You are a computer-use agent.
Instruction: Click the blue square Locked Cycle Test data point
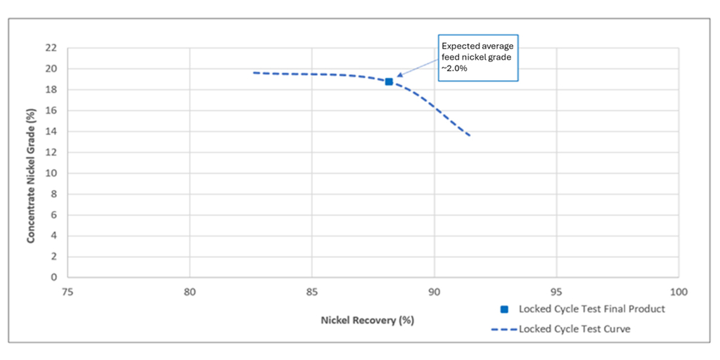[389, 82]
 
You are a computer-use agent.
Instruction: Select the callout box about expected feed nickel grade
[477, 57]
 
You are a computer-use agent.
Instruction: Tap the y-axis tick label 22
[51, 49]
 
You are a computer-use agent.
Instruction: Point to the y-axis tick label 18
[51, 90]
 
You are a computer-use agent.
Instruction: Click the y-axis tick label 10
[51, 173]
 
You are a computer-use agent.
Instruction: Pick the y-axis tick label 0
[53, 277]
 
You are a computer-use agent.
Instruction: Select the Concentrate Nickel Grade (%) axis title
[31, 163]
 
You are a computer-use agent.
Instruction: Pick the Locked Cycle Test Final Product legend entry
[584, 309]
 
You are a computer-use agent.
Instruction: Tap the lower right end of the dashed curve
[470, 135]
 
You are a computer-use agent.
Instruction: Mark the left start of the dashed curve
[254, 72]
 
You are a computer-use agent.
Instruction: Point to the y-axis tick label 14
[51, 131]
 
